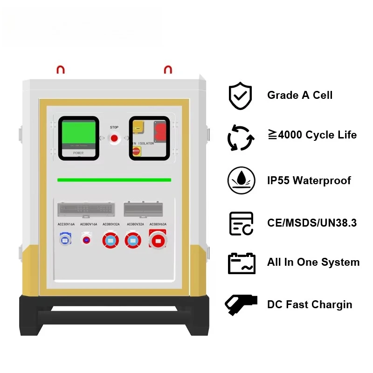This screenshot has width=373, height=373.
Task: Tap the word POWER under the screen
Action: [x=78, y=152]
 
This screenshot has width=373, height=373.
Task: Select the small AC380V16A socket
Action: [x=86, y=240]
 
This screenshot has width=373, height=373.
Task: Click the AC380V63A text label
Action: [x=158, y=224]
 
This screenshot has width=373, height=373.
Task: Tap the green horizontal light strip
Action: [x=114, y=180]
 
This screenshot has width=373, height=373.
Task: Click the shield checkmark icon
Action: [x=240, y=96]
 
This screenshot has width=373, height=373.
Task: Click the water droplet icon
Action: [x=241, y=180]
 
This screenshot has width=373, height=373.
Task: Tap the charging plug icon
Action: [x=241, y=304]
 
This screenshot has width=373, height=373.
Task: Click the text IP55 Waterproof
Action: [x=309, y=180]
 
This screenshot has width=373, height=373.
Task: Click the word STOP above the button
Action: [x=114, y=127]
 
